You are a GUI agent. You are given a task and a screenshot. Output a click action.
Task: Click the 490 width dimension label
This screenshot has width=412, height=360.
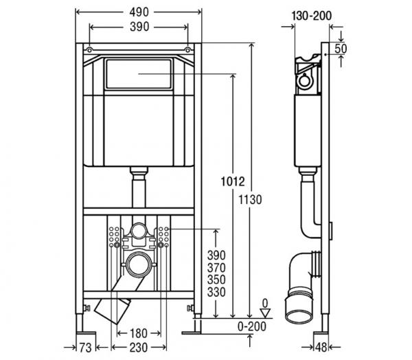139,12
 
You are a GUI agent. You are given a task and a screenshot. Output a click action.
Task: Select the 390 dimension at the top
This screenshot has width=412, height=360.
139,27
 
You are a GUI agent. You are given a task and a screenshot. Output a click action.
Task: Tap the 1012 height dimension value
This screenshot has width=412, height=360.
233,181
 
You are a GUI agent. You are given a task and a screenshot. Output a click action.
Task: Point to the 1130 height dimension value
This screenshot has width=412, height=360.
250,200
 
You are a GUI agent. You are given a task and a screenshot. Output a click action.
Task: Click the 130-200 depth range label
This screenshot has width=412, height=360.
312,16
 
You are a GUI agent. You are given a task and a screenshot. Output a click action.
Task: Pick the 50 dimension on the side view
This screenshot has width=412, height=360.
341,49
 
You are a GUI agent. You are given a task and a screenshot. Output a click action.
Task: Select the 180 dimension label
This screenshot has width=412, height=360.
139,333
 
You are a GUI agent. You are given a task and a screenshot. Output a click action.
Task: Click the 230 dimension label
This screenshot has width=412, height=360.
139,348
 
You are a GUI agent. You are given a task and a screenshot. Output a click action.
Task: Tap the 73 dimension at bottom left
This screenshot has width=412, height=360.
85,348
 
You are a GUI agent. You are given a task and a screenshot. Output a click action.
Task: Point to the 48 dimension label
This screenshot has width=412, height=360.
321,348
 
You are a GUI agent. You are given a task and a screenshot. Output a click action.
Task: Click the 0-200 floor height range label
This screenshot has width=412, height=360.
252,326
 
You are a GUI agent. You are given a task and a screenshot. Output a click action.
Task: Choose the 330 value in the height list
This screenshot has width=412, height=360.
216,292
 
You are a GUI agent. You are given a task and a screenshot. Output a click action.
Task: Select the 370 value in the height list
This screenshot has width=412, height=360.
216,268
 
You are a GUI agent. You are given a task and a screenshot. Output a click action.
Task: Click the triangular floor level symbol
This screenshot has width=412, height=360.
265,313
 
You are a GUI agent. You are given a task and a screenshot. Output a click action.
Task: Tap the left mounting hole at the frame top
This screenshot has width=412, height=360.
89,49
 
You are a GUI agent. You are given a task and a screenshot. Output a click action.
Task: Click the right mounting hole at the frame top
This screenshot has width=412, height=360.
187,49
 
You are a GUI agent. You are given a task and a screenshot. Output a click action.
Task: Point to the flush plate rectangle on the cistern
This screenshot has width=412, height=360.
139,74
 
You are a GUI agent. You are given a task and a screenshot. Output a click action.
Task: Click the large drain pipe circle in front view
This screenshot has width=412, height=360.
139,265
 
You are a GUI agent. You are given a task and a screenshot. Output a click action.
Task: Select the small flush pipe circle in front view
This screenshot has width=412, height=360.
139,231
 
